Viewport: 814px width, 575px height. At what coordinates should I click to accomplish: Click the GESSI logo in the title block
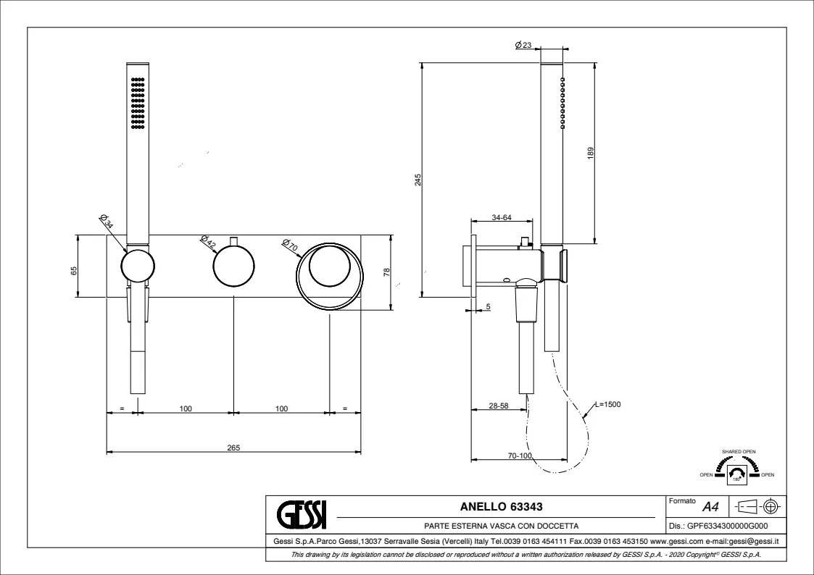coord(303,514)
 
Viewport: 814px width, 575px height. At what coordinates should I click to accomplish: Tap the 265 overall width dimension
coord(233,448)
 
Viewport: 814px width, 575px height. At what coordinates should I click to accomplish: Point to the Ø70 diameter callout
coord(289,245)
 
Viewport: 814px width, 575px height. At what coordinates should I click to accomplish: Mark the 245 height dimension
coord(418,179)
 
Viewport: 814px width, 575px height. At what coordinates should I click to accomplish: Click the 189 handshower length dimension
coord(591,153)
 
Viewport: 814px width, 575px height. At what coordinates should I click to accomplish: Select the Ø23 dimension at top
coord(523,45)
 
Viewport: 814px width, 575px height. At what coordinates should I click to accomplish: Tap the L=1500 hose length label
coord(607,404)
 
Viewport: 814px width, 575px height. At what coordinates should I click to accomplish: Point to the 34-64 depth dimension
coord(502,217)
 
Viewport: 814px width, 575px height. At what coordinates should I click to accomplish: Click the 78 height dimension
coord(386,272)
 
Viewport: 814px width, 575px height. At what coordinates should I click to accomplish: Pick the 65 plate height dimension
coord(74,271)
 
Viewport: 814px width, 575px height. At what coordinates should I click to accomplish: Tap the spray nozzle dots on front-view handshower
coord(138,102)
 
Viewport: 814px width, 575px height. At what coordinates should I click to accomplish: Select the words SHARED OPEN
coord(739,451)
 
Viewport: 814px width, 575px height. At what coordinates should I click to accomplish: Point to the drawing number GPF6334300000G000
coord(723,526)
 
